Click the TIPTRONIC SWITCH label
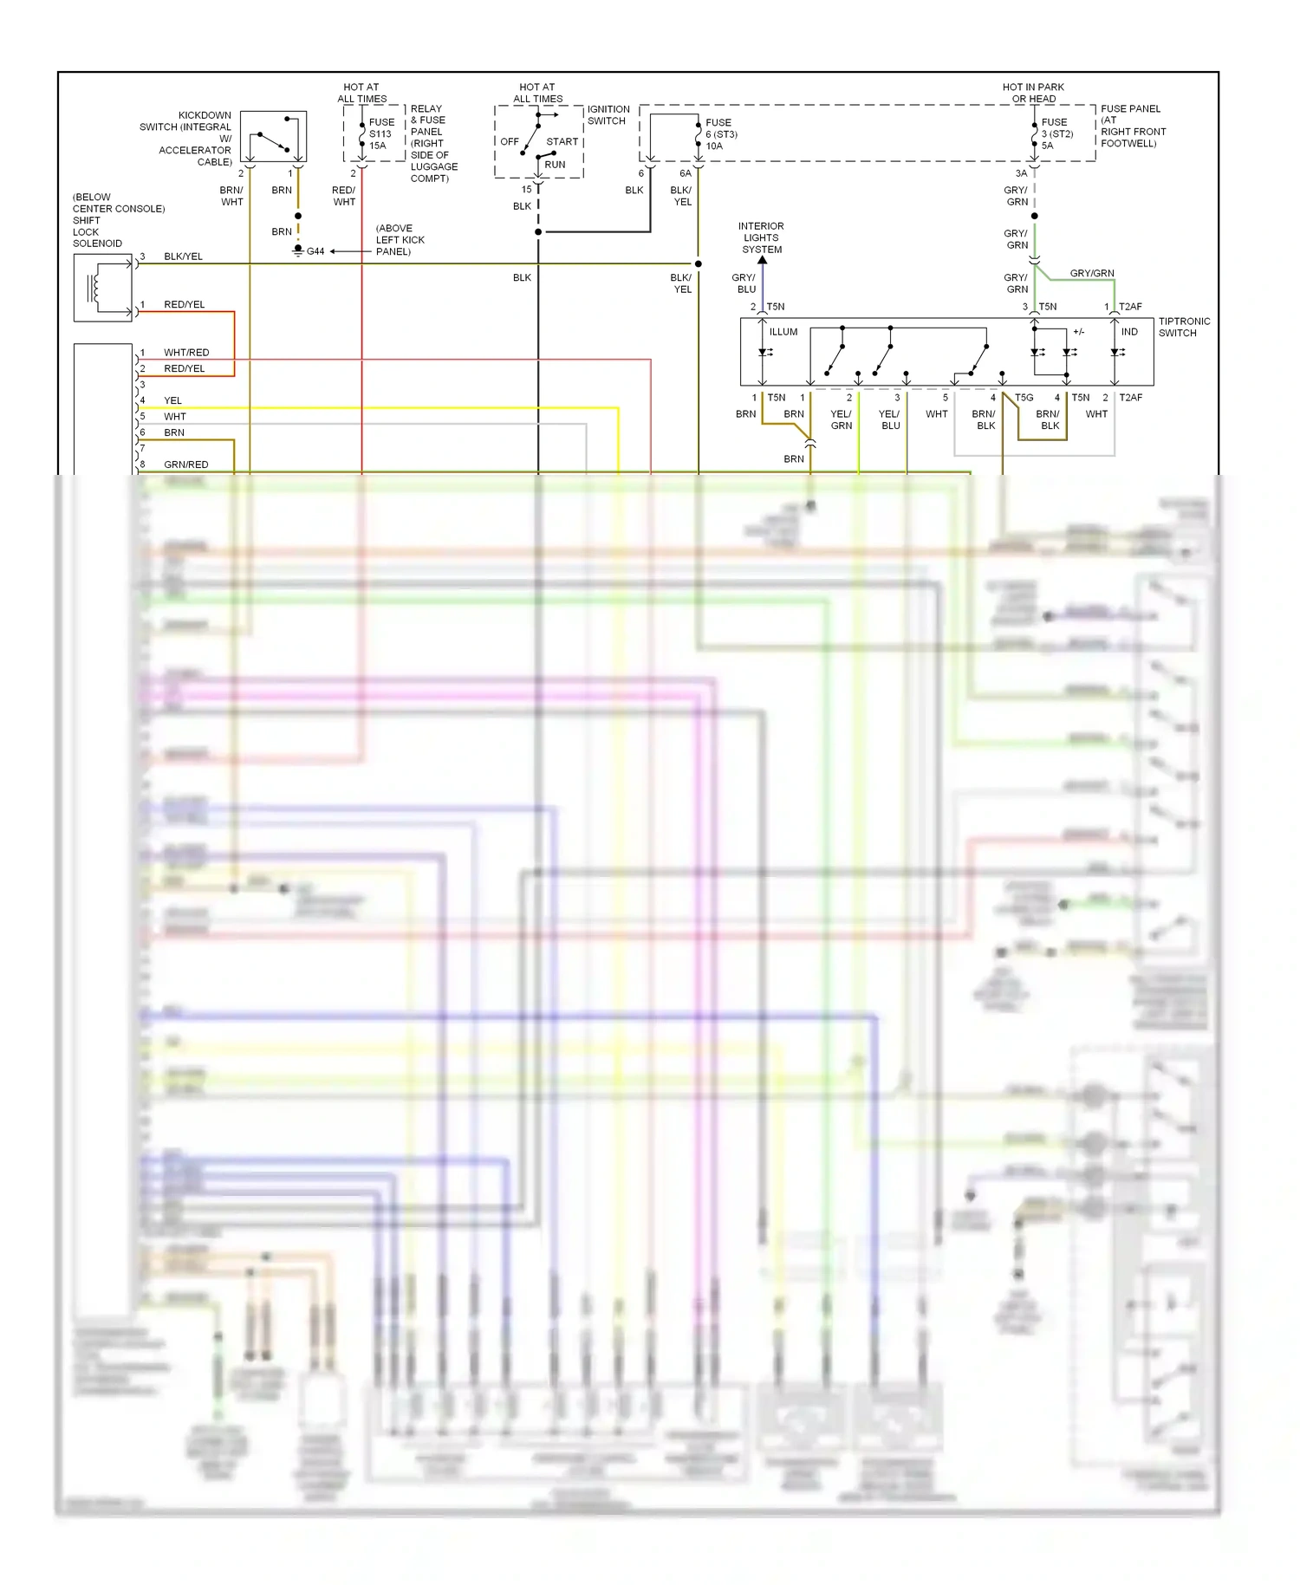[x=1184, y=327]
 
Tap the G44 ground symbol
[x=299, y=251]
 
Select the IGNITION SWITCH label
[x=608, y=115]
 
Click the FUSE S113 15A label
[x=381, y=133]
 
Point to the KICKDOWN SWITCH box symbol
[x=273, y=136]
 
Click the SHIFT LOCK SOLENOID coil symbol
[x=95, y=287]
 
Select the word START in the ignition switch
[x=562, y=141]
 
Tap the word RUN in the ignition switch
[x=555, y=165]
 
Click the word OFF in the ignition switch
[x=510, y=141]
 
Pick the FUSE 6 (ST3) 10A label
[x=720, y=134]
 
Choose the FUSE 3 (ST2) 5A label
[x=1056, y=133]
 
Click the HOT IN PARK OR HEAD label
[x=1033, y=93]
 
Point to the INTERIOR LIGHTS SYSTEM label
[x=761, y=237]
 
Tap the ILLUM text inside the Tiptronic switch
[x=783, y=332]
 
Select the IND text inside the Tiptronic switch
[x=1129, y=332]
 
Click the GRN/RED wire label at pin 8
[x=185, y=464]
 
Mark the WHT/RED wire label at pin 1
[x=186, y=353]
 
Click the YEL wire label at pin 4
[x=172, y=400]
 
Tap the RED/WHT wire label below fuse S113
[x=344, y=196]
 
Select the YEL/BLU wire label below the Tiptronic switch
[x=890, y=419]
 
